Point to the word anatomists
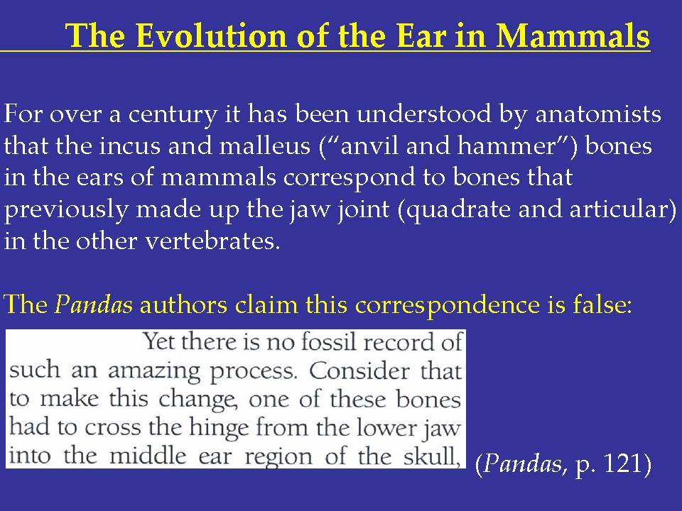[x=598, y=114]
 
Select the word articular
[x=617, y=209]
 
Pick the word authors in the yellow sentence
[x=183, y=305]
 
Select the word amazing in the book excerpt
[x=154, y=371]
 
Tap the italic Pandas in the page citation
[x=522, y=463]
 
